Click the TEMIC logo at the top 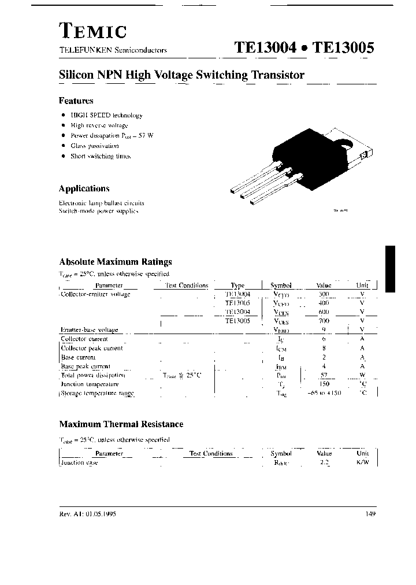[x=92, y=30]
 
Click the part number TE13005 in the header [x=343, y=49]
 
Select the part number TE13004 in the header [x=265, y=49]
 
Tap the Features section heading [x=76, y=101]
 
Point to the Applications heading [x=84, y=188]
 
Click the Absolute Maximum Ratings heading [x=115, y=262]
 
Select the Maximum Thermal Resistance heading [x=121, y=424]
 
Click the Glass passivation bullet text [x=94, y=146]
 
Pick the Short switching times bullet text [x=101, y=156]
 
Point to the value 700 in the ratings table [x=324, y=321]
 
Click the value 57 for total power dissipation [x=324, y=375]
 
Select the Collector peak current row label [x=92, y=348]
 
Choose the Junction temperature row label [x=90, y=384]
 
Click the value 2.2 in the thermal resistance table [x=324, y=462]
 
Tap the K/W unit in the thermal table [x=362, y=462]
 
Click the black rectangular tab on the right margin [x=391, y=268]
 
